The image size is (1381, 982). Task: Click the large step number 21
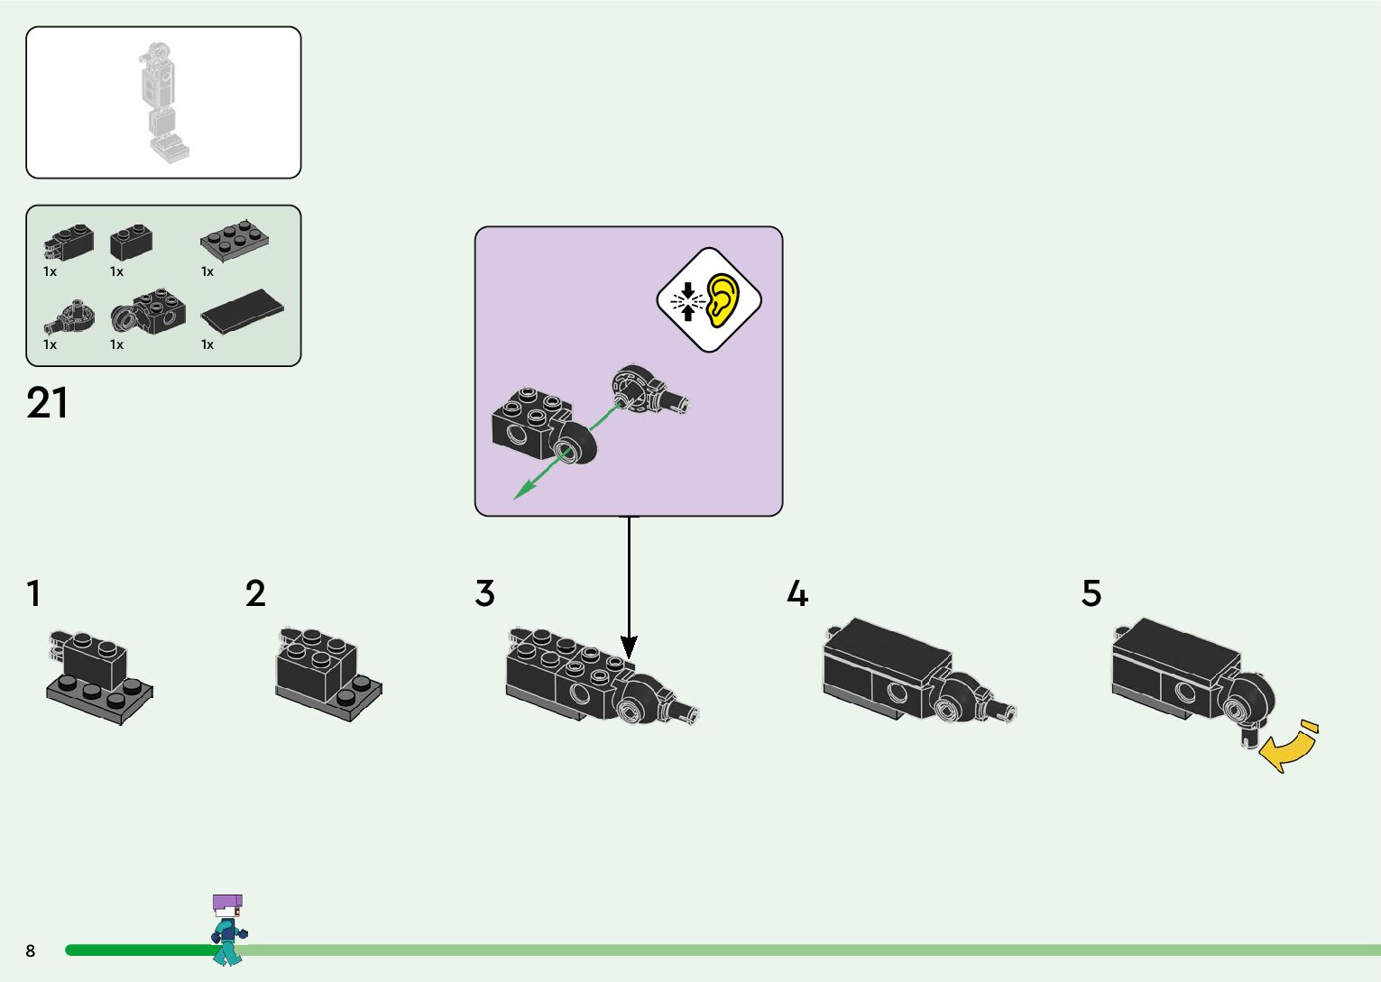coord(47,403)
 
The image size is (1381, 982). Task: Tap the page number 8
coord(31,950)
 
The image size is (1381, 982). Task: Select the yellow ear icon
coord(723,299)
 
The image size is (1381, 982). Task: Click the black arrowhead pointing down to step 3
coord(629,646)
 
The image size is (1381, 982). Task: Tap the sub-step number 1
coord(33,593)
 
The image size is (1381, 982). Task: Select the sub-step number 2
coord(255,593)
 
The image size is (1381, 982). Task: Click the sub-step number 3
coord(484,593)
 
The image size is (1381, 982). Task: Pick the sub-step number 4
coord(797,593)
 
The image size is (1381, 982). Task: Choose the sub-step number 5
coord(1091,593)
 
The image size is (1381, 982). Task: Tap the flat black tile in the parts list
coord(243,310)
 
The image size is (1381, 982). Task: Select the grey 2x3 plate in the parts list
coord(235,239)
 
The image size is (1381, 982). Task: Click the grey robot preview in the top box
coord(162,102)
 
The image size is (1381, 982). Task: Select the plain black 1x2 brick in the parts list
coord(131,241)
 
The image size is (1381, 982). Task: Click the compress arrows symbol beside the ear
coord(688,300)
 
